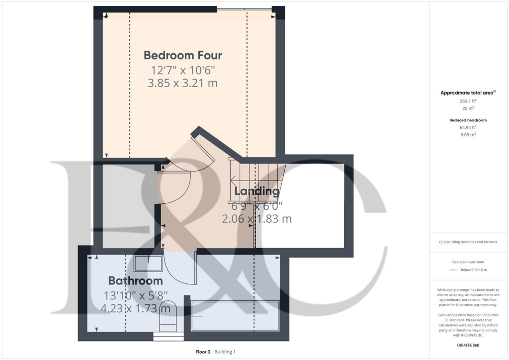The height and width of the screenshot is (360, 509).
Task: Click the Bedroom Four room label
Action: click(183, 55)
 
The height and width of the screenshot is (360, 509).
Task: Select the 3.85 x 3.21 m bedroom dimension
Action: click(183, 83)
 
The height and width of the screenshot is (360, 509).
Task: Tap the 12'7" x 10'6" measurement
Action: click(183, 70)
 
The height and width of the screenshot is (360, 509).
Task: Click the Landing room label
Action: click(256, 191)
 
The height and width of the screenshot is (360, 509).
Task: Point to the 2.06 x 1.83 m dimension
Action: click(256, 218)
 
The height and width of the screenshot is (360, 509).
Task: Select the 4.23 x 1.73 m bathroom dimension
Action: click(135, 309)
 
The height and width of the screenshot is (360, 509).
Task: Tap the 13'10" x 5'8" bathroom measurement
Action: click(135, 295)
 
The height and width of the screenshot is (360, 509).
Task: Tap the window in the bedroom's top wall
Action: click(244, 8)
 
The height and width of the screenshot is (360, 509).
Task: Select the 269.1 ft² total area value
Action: click(468, 101)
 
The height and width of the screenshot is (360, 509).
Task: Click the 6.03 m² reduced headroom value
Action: click(468, 135)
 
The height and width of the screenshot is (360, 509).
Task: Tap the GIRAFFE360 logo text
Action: click(468, 345)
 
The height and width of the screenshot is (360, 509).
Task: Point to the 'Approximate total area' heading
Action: click(467, 93)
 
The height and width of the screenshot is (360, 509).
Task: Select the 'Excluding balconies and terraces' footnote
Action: click(468, 242)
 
